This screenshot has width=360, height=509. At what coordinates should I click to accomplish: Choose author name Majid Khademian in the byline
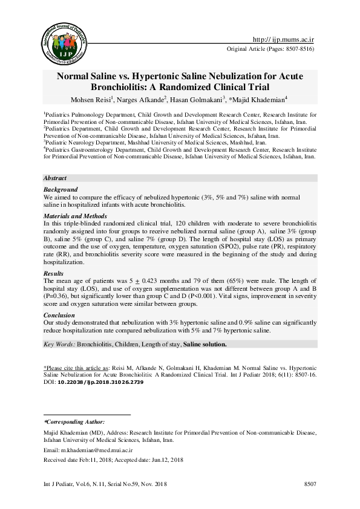(259, 100)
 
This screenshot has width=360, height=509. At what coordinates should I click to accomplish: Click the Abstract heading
(55, 179)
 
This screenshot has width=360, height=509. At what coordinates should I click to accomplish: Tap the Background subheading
(61, 189)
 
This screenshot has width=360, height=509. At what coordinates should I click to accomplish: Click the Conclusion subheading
(59, 316)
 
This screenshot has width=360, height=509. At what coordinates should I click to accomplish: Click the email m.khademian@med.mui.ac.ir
(100, 450)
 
